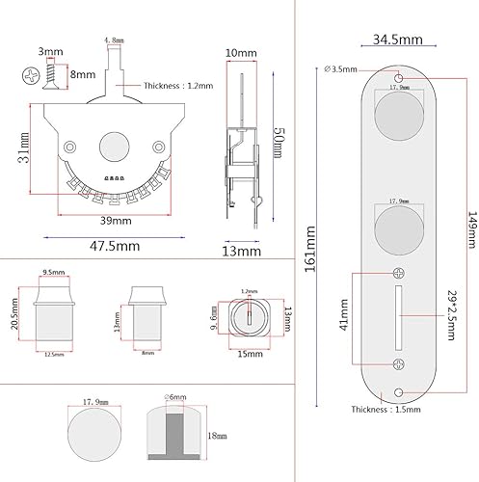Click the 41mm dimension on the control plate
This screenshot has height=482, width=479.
click(x=345, y=319)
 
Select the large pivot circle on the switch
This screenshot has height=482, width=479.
click(x=113, y=148)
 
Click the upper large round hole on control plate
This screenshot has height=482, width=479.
click(x=398, y=117)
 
